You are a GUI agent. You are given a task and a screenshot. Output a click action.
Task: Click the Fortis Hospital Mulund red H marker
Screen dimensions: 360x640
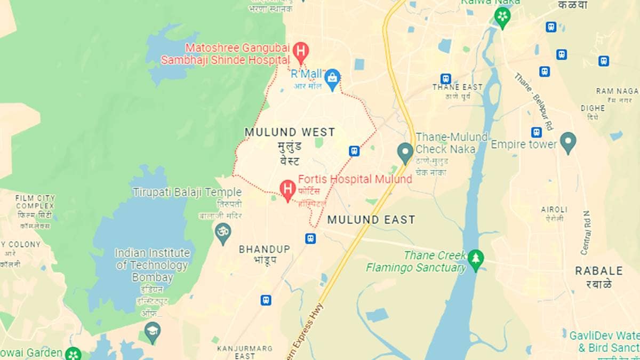(x=288, y=189)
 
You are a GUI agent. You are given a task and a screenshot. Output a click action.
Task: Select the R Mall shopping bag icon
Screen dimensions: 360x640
(x=332, y=78)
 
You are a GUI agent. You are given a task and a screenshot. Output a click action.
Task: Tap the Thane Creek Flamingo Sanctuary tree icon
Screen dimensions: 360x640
(x=475, y=259)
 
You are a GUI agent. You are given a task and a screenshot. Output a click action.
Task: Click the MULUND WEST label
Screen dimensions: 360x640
(x=290, y=132)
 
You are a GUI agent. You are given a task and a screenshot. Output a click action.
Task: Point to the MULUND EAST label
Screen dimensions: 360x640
(x=371, y=219)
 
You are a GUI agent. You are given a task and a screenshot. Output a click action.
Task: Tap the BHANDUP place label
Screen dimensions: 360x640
(x=265, y=249)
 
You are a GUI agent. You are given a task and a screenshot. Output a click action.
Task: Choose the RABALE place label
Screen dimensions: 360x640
(x=599, y=271)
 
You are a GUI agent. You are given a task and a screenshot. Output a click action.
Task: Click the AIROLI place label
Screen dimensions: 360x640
(x=554, y=210)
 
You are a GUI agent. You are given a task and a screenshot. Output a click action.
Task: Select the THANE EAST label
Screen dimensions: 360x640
(x=457, y=87)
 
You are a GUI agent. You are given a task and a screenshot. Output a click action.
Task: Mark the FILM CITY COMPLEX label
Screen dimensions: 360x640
(x=35, y=202)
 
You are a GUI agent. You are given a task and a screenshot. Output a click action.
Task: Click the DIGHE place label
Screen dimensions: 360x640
(x=593, y=108)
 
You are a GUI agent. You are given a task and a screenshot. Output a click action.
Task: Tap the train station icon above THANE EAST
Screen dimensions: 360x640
(x=446, y=79)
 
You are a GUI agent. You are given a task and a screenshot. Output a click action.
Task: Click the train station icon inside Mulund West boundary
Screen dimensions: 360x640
(x=354, y=151)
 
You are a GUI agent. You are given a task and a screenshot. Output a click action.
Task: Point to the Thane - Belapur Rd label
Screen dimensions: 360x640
(x=535, y=97)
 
